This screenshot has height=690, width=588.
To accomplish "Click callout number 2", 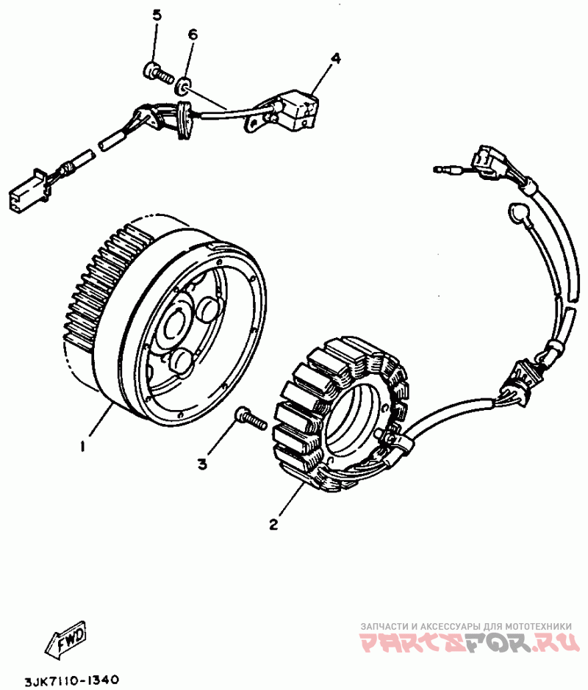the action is (x=273, y=524).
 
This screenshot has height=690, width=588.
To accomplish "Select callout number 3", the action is (x=203, y=463).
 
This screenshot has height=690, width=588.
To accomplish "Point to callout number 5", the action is (x=156, y=15).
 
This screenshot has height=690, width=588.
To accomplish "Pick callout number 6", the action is (x=193, y=35).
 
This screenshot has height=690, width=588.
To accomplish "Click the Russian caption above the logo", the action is (x=466, y=625).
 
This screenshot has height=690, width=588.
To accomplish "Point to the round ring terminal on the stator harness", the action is (x=519, y=214).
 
